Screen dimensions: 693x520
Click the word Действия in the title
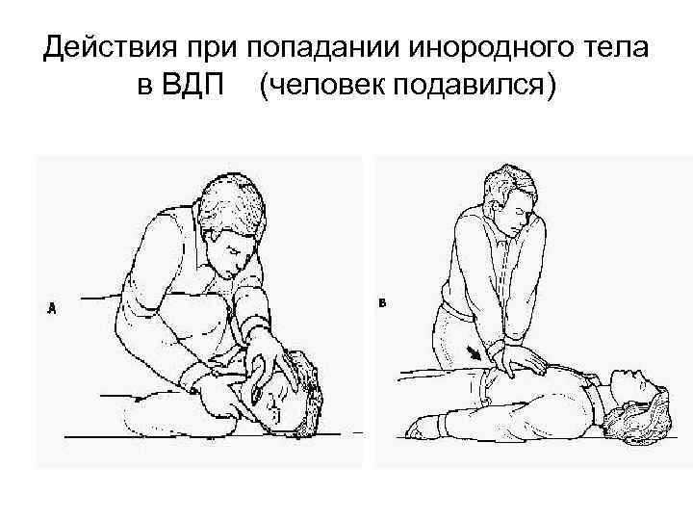click(110, 47)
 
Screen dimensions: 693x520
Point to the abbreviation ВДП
click(193, 84)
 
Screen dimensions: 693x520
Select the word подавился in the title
click(469, 85)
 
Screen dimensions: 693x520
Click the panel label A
click(52, 308)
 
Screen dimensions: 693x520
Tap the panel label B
click(383, 303)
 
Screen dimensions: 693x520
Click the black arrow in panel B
click(475, 353)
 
